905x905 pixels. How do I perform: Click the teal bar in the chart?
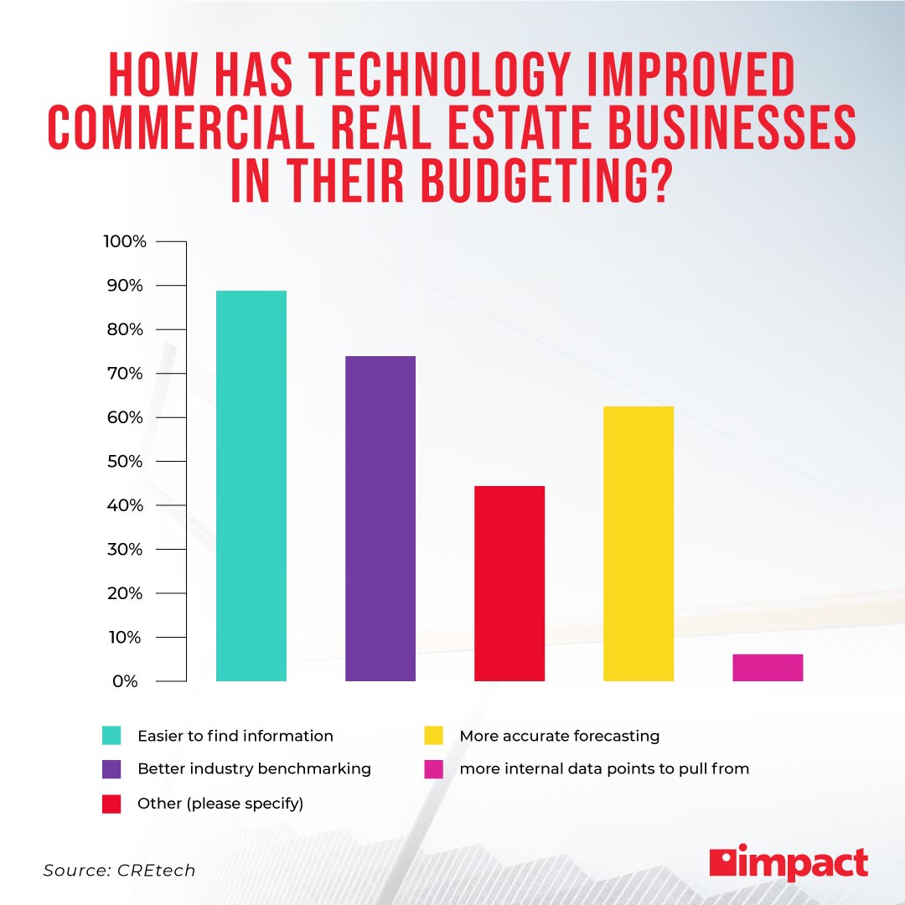(251, 486)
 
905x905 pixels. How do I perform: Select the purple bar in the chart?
(380, 519)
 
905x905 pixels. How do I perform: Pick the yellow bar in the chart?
(639, 544)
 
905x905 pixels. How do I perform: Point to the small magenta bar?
(768, 668)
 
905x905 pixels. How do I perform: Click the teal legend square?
(111, 736)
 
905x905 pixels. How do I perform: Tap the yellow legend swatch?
(433, 736)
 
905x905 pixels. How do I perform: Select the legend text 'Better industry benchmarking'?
(254, 768)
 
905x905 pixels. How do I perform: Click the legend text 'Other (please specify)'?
(220, 803)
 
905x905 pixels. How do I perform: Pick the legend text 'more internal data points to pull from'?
(604, 768)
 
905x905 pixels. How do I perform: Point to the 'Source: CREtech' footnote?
(119, 871)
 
